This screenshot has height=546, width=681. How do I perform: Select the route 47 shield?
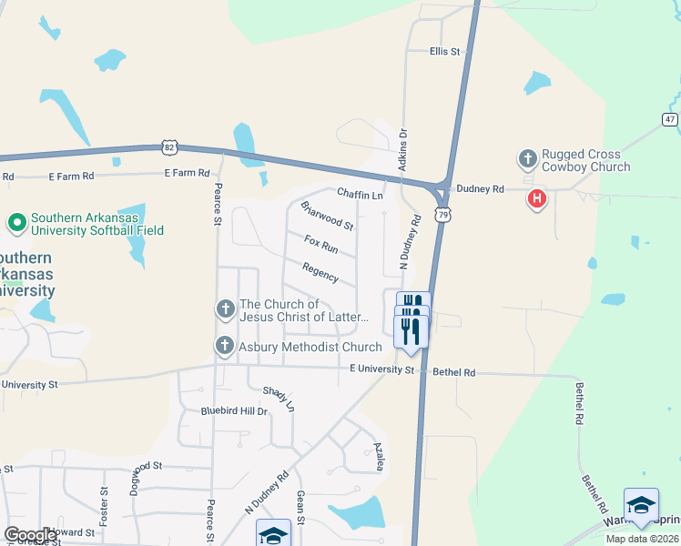(669, 119)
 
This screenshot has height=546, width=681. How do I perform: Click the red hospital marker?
(537, 197)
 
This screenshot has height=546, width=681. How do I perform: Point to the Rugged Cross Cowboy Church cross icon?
(527, 159)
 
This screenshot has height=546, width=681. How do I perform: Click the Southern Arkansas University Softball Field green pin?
(16, 222)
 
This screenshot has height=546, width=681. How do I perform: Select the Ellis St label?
(445, 52)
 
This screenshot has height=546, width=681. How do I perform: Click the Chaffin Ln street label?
(360, 194)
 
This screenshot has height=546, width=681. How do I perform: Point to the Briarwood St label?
(327, 216)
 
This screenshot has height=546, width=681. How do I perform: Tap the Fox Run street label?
(321, 244)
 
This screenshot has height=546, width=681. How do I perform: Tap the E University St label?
(381, 369)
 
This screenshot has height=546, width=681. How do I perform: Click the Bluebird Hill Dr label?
(234, 411)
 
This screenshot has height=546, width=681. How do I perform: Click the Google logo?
(30, 535)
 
